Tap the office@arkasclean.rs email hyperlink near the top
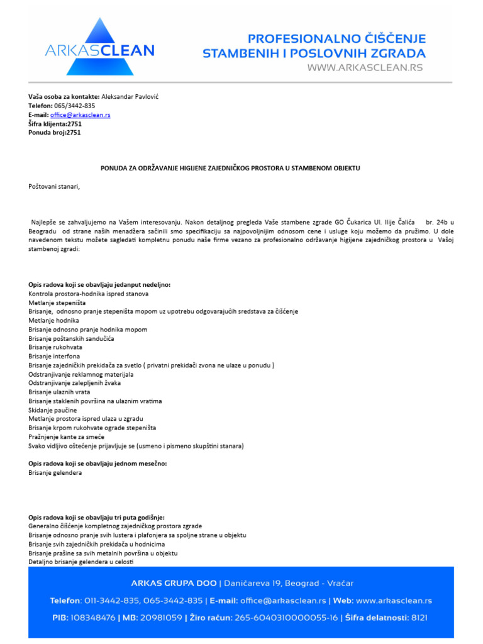pos(80,115)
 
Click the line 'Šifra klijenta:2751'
pos(55,124)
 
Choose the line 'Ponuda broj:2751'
pos(55,133)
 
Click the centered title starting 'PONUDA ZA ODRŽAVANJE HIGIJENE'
pos(231,168)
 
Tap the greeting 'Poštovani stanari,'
pos(55,186)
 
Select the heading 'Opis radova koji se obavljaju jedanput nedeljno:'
pos(99,285)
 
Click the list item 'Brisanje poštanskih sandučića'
pos(71,338)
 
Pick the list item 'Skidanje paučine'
pos(53,410)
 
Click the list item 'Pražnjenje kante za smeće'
pos(67,436)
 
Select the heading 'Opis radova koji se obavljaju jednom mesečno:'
pos(97,464)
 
